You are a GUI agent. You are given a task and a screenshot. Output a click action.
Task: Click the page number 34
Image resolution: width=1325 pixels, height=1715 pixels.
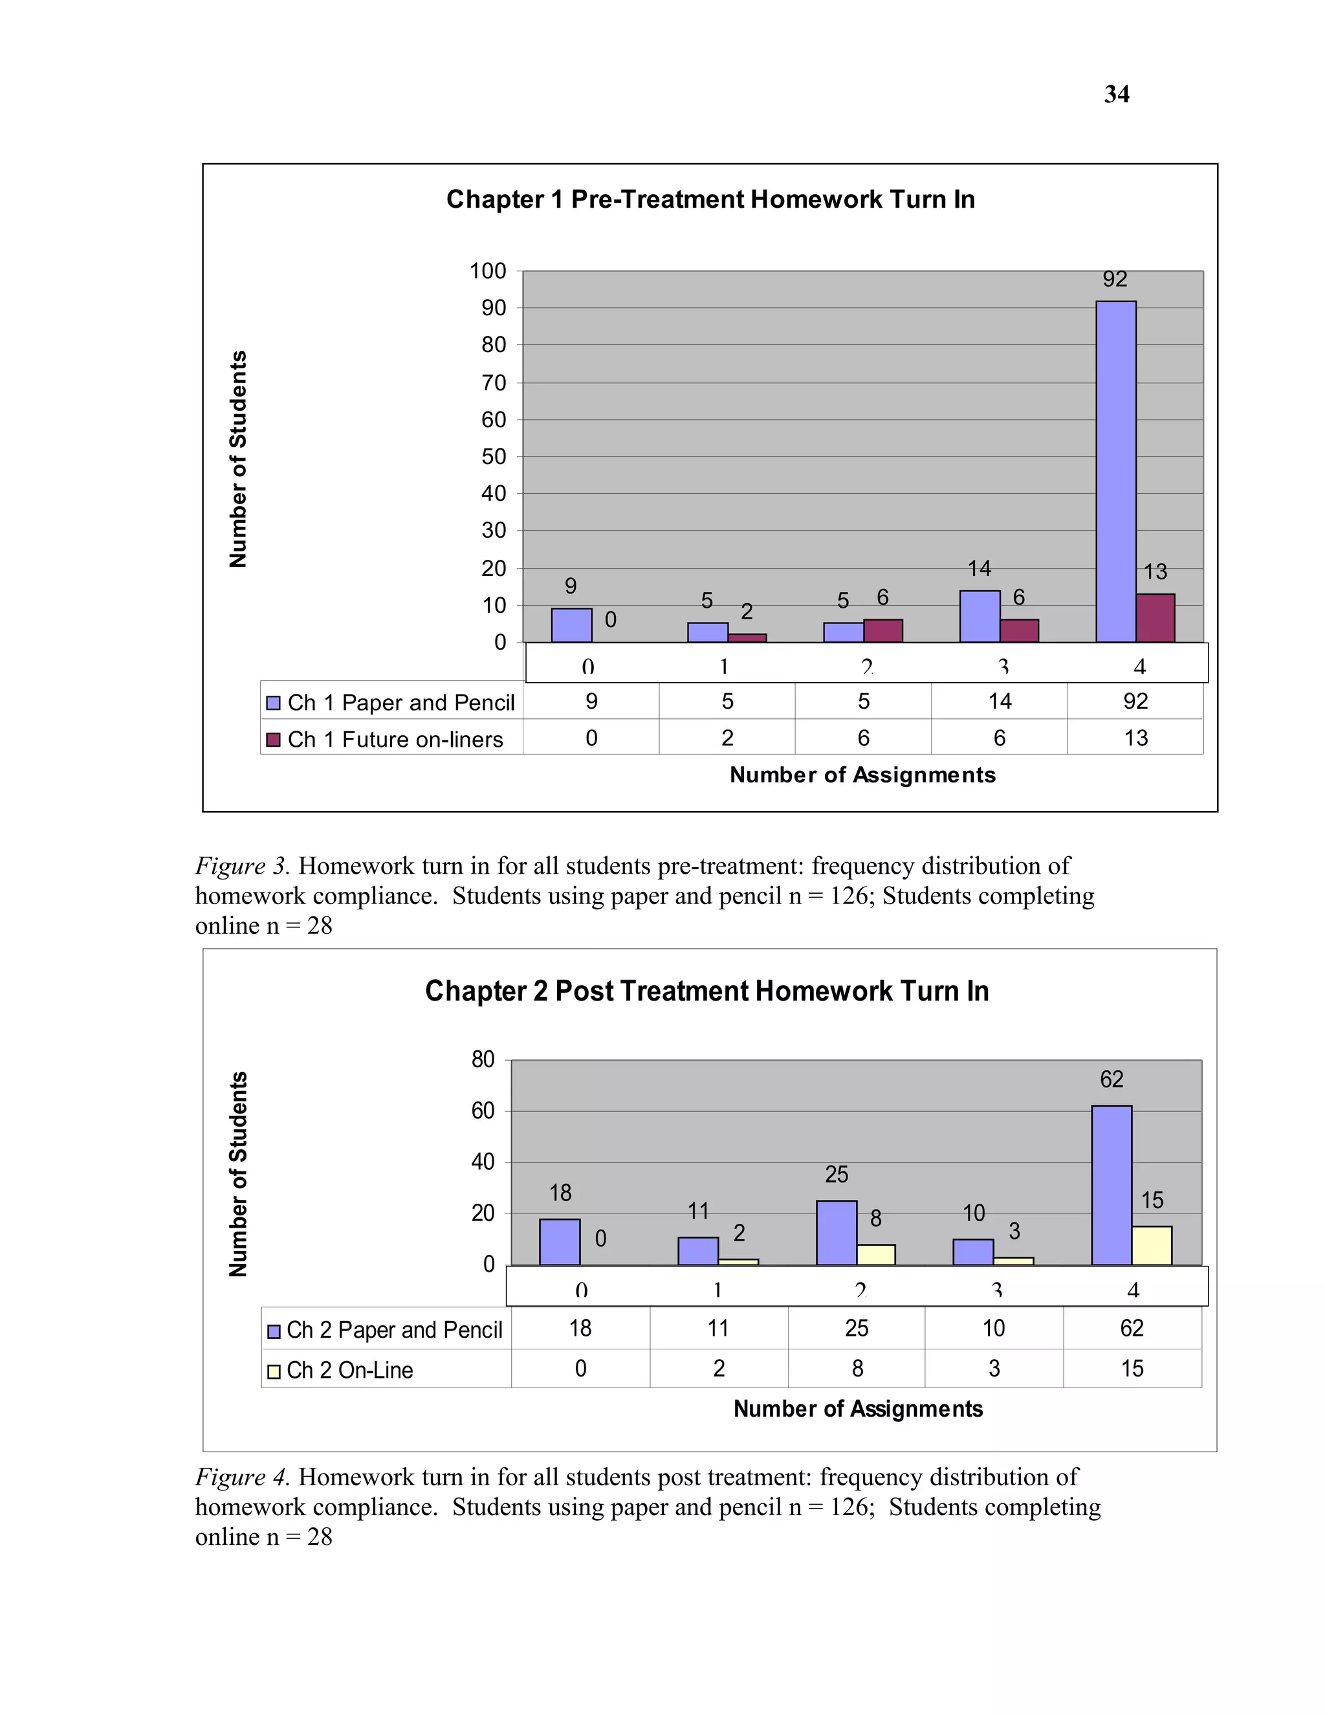coord(1116,94)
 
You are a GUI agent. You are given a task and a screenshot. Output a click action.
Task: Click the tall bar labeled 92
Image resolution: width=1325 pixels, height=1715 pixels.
coord(1115,471)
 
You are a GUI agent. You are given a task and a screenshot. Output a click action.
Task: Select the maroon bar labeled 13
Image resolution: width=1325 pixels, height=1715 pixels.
coord(1155,618)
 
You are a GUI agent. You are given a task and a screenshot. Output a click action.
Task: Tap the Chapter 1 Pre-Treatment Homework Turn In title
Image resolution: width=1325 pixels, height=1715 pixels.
coord(710,199)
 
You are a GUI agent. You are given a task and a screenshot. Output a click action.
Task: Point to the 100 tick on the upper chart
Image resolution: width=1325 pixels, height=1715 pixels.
coord(488,271)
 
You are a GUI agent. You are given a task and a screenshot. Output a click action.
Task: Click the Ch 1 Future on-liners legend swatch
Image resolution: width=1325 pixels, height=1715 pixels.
coord(273,740)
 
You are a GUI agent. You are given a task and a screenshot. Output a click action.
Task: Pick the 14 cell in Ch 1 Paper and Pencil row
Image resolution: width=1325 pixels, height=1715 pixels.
coord(999,702)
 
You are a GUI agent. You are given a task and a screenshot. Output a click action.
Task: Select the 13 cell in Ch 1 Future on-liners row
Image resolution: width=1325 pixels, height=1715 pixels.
coord(1135,738)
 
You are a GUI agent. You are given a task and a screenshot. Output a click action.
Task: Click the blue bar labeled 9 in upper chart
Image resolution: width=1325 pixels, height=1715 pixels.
coord(571,625)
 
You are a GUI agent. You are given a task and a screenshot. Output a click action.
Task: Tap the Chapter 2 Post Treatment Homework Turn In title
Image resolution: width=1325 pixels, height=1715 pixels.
coord(706,991)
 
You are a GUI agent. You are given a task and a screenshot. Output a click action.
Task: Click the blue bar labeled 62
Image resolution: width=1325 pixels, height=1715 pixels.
coord(1111,1185)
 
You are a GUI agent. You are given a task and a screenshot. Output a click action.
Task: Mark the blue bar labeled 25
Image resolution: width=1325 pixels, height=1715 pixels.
coord(837,1233)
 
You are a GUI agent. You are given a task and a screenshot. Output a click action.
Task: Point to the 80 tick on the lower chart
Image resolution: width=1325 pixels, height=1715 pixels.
coord(483,1059)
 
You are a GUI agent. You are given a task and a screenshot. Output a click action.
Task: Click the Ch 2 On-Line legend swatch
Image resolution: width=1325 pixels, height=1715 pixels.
coord(273,1372)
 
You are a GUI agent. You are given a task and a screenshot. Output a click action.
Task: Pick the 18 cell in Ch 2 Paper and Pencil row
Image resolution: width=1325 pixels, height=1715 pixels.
coord(580,1328)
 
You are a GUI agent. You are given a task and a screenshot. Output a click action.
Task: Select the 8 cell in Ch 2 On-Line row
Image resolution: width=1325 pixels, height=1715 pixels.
coord(857,1369)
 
